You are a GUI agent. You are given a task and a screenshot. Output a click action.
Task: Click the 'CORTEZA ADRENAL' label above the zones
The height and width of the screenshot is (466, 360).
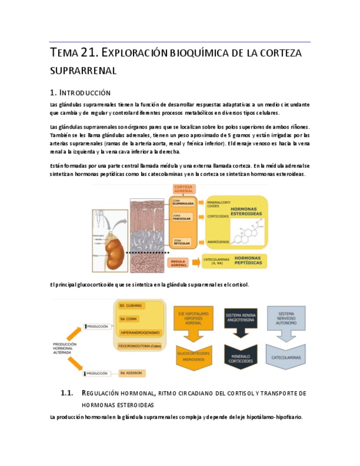pyautogui.click(x=182, y=190)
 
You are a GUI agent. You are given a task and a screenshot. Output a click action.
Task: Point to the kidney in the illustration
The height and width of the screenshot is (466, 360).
pyautogui.click(x=115, y=248)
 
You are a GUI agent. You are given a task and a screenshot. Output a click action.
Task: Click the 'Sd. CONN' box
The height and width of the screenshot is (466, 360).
pyautogui.click(x=129, y=319)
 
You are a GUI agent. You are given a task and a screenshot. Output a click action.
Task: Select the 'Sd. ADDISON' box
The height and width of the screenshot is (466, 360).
pyautogui.click(x=132, y=373)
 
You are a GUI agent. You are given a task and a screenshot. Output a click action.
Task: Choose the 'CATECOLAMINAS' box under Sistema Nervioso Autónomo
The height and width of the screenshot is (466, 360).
pyautogui.click(x=287, y=357)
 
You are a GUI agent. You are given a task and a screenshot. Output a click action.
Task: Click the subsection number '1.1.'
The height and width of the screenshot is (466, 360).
pyautogui.click(x=67, y=393)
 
